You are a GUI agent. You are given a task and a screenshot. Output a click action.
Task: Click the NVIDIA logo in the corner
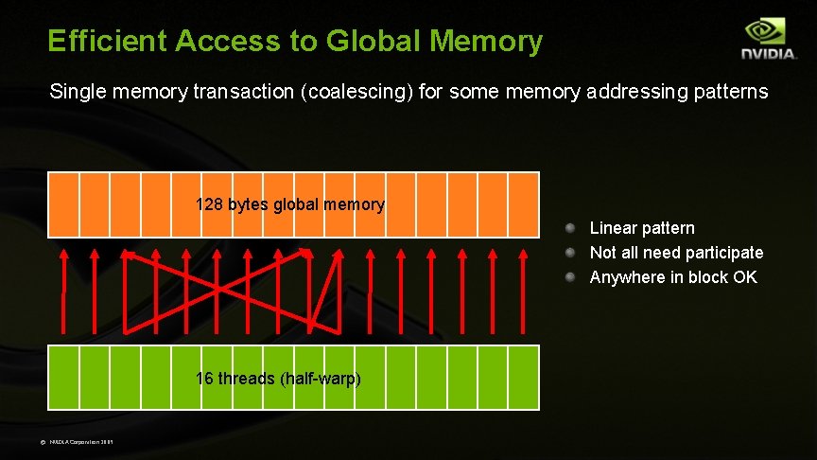(768, 40)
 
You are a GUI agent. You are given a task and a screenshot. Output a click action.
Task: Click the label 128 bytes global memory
(289, 204)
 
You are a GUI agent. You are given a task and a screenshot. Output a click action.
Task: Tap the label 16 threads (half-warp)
(278, 379)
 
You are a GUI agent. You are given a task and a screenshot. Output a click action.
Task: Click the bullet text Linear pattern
(642, 228)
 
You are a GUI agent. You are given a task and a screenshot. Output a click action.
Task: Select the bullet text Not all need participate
(676, 253)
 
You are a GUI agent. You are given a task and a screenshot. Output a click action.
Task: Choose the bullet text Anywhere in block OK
(673, 277)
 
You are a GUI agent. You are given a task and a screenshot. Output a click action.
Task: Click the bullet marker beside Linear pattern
(571, 228)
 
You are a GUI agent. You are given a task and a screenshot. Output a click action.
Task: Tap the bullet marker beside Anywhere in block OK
(571, 277)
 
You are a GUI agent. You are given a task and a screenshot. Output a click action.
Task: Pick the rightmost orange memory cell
(524, 204)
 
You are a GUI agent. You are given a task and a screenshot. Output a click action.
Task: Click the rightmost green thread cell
(524, 377)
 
